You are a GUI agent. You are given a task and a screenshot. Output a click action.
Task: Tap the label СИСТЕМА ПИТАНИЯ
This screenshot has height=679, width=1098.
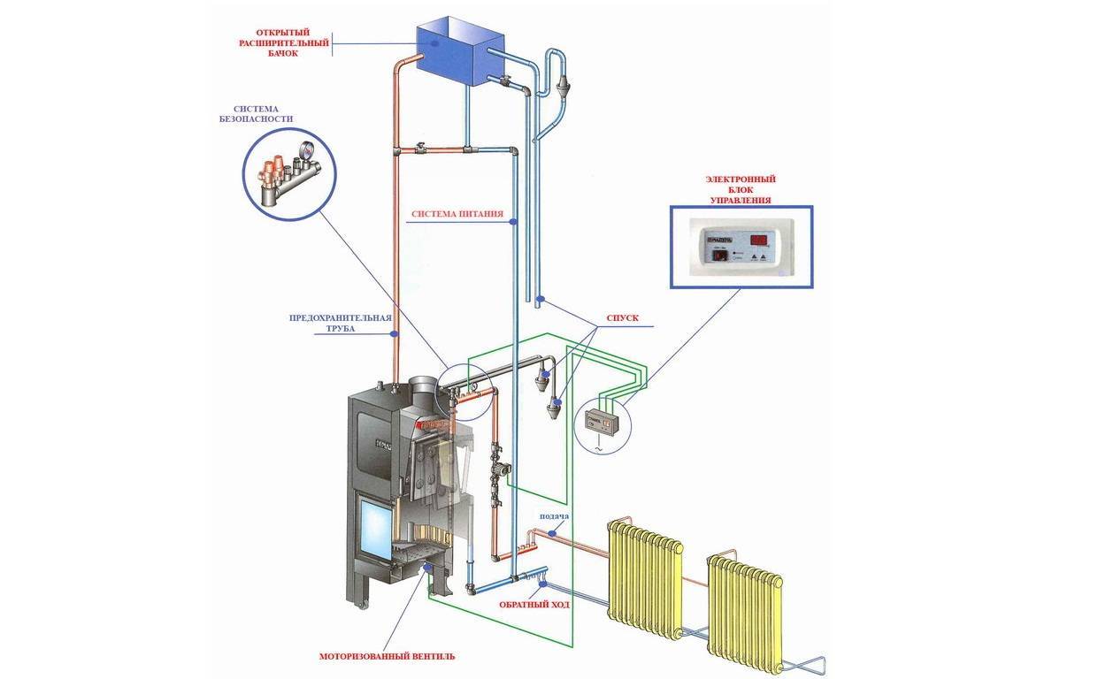click(x=457, y=214)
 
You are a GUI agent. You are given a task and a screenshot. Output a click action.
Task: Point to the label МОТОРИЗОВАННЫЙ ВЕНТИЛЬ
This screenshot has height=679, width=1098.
click(x=387, y=657)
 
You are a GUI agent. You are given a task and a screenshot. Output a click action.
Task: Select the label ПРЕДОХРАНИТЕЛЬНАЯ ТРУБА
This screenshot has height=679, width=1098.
click(x=340, y=323)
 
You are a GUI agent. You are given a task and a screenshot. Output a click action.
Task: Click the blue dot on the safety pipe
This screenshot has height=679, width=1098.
click(x=394, y=333)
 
